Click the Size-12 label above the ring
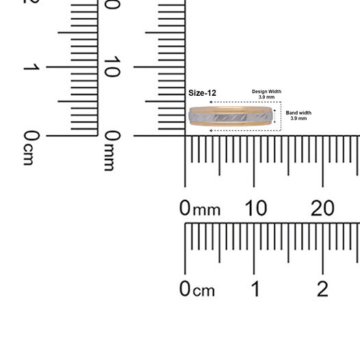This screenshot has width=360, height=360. coord(202,93)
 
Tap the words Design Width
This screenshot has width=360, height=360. coord(266,92)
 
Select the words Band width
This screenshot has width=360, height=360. coord(298,113)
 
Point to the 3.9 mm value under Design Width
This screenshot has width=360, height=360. coord(266,97)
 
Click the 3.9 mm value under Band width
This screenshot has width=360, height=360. coord(298,118)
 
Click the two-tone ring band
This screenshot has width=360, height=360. coord(231,116)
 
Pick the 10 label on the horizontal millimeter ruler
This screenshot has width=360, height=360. coord(256,208)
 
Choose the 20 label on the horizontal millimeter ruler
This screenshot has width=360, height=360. coord(322,208)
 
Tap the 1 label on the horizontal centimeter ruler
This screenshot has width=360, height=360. coord(255,289)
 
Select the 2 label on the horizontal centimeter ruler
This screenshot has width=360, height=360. coord(322,289)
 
